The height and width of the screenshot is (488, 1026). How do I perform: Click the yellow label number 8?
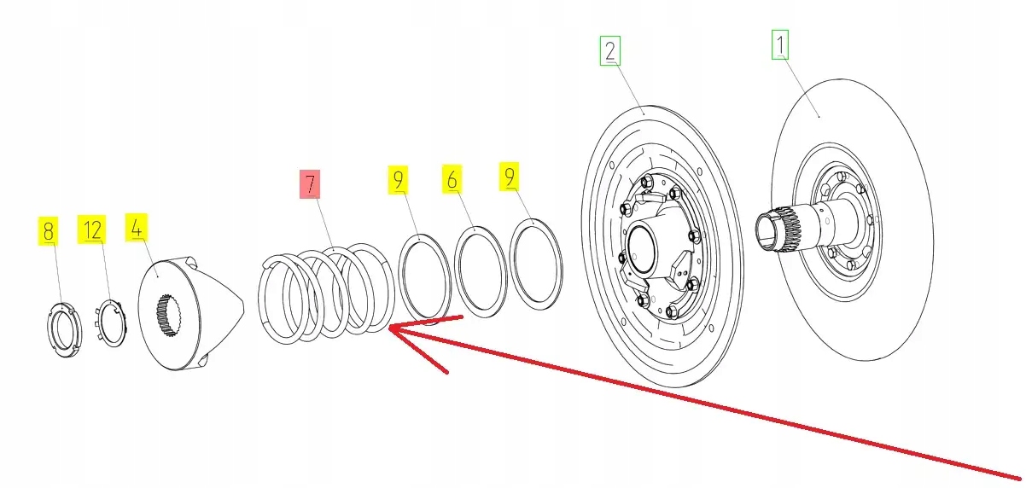point(48,230)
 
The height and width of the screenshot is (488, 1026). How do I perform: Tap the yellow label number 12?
point(92,229)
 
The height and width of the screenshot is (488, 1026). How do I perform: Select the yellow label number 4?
point(136,227)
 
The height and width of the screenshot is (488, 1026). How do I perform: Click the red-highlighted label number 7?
point(308,185)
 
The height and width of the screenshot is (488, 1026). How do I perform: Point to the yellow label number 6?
point(452,179)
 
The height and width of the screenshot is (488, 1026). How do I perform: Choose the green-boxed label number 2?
point(609,52)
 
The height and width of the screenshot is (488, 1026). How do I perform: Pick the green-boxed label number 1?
point(780,44)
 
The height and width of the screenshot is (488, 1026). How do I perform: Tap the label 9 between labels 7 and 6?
point(399,180)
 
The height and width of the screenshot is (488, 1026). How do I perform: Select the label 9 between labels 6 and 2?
point(510,177)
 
